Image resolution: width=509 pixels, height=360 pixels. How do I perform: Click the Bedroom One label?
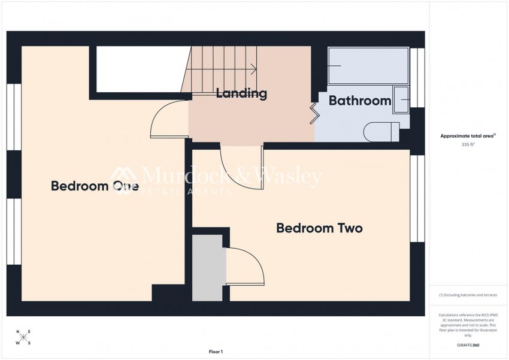95,186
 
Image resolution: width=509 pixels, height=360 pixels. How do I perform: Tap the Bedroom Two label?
319,228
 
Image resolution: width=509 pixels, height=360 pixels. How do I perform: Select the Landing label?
241,93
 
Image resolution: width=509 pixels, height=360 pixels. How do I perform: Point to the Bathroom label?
360,101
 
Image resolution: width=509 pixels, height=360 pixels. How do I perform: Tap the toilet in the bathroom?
383,131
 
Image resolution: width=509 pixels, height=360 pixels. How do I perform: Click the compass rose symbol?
23,337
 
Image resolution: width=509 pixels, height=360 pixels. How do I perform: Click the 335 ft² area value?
468,145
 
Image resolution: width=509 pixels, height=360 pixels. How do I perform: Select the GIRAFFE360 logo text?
468,345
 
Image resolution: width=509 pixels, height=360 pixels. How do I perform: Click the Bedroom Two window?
417,198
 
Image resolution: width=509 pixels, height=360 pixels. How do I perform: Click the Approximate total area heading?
468,136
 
